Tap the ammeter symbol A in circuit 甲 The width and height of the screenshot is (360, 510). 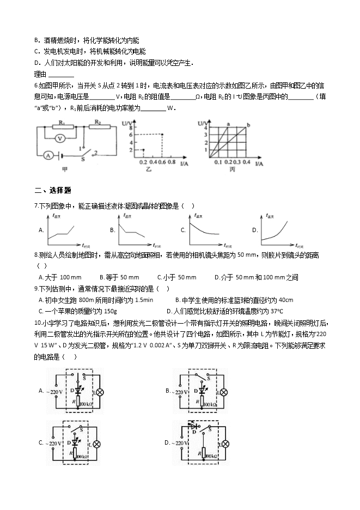48,155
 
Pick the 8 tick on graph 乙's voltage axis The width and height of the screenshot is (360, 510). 131,127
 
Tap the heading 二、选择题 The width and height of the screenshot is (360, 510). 53,190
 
